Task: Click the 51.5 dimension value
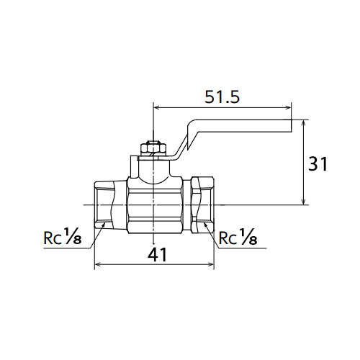pos(222,97)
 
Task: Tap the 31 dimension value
pos(318,164)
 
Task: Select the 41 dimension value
pos(157,255)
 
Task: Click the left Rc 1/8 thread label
pos(63,237)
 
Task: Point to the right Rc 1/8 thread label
pos(238,237)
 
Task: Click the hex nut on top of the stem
pos(153,148)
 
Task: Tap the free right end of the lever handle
pos(292,125)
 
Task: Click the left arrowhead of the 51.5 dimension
pos(156,107)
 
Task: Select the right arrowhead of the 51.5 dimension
pos(288,107)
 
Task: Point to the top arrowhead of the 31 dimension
pos(304,123)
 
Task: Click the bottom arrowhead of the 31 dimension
pos(304,202)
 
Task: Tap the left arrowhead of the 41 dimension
pos(98,264)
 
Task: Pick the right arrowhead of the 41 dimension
pos(210,264)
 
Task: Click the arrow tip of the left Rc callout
pos(105,223)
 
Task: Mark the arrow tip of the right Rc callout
pos(204,223)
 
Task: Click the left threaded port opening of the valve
pos(104,204)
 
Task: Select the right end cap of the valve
pos(202,204)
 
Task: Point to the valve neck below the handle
pos(153,169)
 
